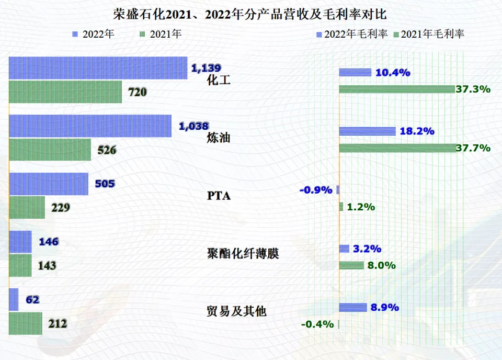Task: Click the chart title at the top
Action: point(250,14)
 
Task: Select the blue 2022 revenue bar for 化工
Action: point(98,68)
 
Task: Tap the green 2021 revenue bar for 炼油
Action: point(50,150)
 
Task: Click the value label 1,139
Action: point(206,68)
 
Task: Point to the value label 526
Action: point(107,150)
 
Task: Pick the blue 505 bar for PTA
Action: point(49,184)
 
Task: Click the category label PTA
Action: point(219,196)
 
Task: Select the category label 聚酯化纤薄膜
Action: point(243,254)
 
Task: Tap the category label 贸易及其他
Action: point(236,311)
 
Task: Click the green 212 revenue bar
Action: point(26,323)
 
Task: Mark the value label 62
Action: point(32,300)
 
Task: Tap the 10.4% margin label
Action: point(392,73)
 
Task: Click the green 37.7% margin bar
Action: point(396,148)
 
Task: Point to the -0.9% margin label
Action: point(316,190)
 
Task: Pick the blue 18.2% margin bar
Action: point(367,131)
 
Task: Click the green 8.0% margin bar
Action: point(351,265)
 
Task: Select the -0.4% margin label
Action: point(317,324)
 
